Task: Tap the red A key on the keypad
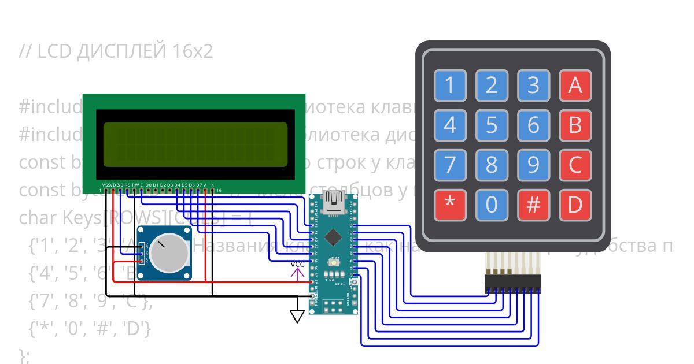click(x=575, y=86)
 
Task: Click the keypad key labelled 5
click(x=492, y=125)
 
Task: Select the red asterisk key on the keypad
click(x=450, y=205)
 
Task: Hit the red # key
click(x=533, y=205)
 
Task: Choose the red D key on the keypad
click(x=575, y=205)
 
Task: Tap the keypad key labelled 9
click(x=533, y=165)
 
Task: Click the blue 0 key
click(x=492, y=205)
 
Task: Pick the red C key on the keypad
click(x=575, y=165)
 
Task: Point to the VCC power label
click(x=297, y=265)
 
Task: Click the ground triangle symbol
click(x=297, y=316)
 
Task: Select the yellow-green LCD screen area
click(x=195, y=143)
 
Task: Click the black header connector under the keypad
click(x=513, y=283)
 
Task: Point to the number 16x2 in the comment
click(x=192, y=52)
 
